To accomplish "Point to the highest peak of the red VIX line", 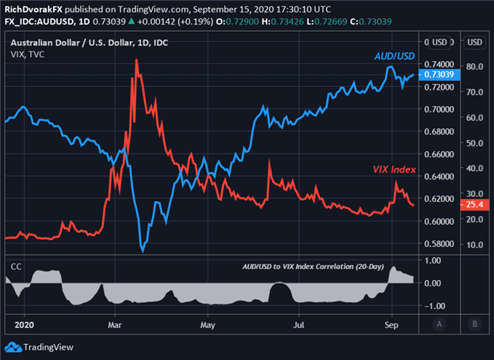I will tap(137, 59).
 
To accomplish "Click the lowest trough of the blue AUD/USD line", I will tap(142, 251).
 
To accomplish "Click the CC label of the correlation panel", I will tap(14, 267).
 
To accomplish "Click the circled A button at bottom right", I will tap(440, 324).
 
